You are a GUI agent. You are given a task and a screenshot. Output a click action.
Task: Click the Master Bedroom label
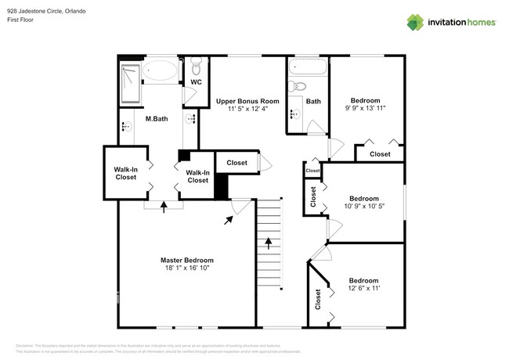[186, 260]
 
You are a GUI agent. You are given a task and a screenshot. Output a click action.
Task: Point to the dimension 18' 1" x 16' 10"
[186, 268]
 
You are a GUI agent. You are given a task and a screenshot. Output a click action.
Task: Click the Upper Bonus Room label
[247, 101]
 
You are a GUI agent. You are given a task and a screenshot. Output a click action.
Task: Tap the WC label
[196, 81]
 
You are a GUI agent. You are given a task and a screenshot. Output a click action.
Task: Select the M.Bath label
[157, 119]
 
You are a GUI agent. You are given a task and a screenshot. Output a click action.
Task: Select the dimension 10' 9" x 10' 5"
[365, 207]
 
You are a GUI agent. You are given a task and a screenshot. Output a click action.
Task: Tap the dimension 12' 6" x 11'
[363, 289]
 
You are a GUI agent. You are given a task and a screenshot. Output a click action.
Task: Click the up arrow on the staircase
[269, 242]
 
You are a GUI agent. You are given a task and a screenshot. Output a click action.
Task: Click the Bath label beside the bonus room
[313, 101]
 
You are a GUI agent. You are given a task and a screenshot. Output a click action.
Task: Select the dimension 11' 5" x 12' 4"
[247, 110]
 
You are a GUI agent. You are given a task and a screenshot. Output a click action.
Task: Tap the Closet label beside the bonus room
[236, 163]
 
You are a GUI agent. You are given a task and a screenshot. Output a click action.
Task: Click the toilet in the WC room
[195, 66]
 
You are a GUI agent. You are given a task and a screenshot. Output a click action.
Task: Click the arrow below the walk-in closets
[163, 207]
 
